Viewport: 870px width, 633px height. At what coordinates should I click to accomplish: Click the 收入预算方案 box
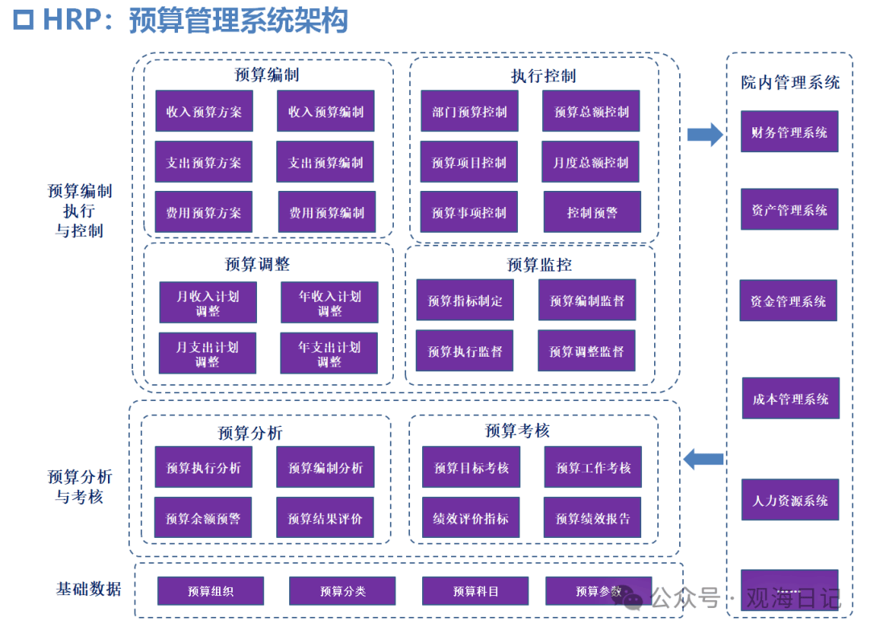tap(204, 111)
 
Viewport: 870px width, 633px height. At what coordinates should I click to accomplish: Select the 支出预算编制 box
tap(325, 162)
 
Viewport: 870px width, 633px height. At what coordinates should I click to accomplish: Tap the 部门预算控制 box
tap(470, 111)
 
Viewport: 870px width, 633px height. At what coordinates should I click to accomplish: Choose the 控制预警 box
tap(592, 213)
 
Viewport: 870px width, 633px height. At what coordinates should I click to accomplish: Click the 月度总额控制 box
tap(590, 162)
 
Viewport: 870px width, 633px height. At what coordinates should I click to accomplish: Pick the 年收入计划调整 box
tap(329, 303)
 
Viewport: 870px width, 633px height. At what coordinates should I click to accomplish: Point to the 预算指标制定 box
tap(465, 300)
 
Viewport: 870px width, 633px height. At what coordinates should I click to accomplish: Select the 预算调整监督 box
tap(586, 351)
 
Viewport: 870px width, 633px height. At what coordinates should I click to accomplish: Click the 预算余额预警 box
tap(203, 518)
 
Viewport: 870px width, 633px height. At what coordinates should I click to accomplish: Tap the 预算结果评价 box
tap(325, 518)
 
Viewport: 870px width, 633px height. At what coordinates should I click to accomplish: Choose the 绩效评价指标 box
tap(471, 518)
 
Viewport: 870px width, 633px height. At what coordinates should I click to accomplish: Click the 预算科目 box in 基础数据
tap(475, 591)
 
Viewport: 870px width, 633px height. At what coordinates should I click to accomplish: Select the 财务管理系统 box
tap(789, 132)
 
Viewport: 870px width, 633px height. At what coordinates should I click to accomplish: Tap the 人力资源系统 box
tap(790, 500)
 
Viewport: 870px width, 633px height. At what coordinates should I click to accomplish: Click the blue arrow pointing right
tap(705, 134)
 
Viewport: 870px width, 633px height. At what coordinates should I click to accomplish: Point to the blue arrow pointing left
tap(703, 460)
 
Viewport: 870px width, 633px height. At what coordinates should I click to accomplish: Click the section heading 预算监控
tap(539, 264)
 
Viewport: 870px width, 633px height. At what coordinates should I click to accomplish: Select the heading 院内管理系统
tap(790, 82)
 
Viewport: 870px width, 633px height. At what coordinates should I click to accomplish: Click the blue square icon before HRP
tap(25, 19)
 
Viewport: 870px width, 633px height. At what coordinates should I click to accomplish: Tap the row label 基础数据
tap(89, 589)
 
